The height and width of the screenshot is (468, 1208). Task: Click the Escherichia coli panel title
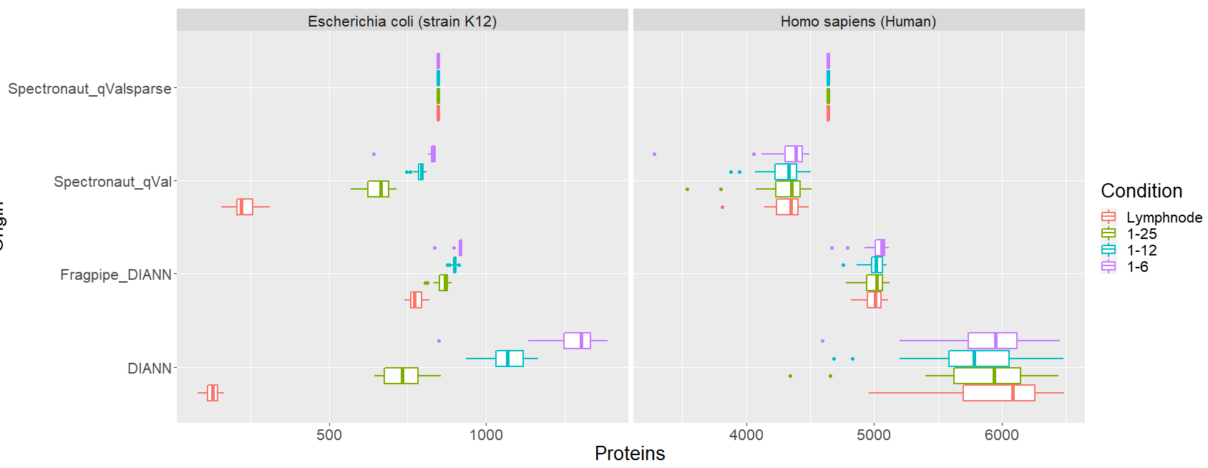coord(402,21)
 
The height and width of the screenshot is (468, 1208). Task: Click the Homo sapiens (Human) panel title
coord(858,21)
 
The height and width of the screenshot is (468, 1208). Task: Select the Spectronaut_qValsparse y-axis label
coord(89,89)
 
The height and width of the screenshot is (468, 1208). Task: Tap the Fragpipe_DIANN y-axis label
coord(116,275)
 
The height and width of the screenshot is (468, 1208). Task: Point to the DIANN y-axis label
coord(150,369)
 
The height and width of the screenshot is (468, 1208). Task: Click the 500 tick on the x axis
coord(329,434)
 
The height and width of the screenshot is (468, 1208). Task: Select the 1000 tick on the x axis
coord(486,434)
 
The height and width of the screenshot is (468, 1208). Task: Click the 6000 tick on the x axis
coord(1001,434)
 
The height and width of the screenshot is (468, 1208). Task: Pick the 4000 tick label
coord(746,434)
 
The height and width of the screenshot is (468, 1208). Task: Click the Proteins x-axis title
coord(630,454)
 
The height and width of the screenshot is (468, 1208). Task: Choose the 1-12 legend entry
coord(1141,250)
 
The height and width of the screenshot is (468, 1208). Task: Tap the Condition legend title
coord(1141,191)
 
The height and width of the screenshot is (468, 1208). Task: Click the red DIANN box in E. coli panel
coord(213,393)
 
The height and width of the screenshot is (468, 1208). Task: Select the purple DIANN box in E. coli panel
coord(577,341)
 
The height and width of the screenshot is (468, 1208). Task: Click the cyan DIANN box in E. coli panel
coord(510,359)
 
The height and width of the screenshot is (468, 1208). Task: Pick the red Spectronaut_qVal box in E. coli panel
coord(245,207)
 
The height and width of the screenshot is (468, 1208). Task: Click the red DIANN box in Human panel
coord(998,393)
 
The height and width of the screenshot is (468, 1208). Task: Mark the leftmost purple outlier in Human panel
coord(654,154)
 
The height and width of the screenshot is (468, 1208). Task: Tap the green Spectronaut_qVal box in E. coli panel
coord(378,189)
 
